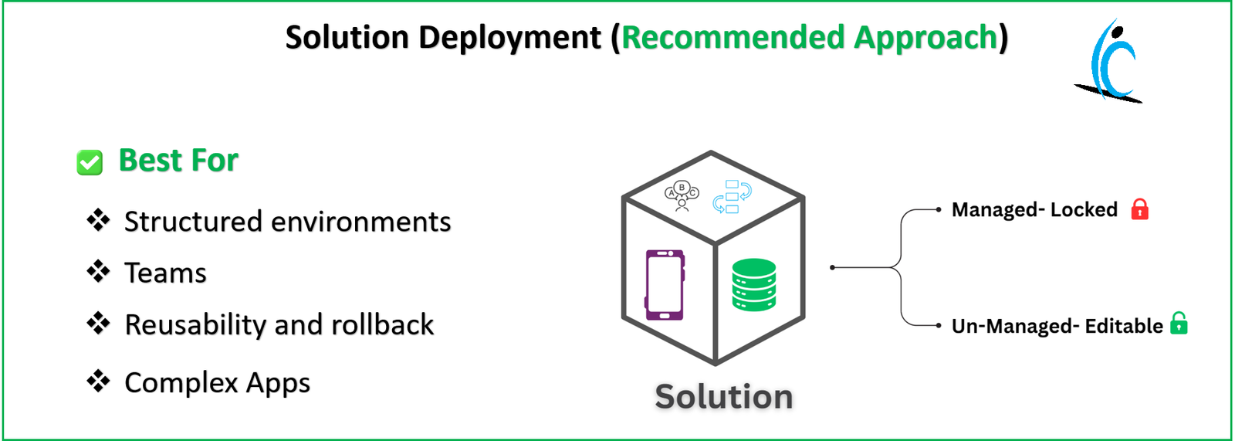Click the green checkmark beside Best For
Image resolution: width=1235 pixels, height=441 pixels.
click(x=90, y=162)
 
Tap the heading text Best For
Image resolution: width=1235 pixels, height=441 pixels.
click(x=178, y=161)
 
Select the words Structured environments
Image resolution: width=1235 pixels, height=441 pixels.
click(x=287, y=222)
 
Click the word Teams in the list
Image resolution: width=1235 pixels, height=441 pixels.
click(x=165, y=273)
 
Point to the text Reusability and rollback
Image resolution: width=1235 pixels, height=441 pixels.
click(x=279, y=325)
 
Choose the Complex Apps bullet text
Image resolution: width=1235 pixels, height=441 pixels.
click(x=217, y=383)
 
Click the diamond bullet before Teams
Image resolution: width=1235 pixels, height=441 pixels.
click(x=98, y=271)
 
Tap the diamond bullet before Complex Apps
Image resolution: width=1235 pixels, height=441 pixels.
click(x=98, y=381)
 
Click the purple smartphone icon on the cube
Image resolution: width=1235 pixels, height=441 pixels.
click(x=665, y=284)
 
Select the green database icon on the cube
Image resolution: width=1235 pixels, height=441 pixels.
click(x=753, y=284)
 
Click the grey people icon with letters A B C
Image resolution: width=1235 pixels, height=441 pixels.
click(x=682, y=195)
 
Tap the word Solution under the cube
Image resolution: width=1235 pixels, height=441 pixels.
click(x=723, y=397)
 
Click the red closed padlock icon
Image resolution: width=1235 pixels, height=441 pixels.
click(x=1139, y=209)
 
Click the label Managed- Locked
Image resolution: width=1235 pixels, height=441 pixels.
click(x=1034, y=210)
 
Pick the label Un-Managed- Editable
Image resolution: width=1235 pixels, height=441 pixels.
click(x=1057, y=326)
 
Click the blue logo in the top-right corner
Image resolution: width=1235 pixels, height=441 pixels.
click(x=1109, y=62)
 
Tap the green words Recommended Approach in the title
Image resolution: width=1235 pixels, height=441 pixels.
click(x=810, y=37)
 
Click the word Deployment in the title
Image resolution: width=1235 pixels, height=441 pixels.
click(x=509, y=38)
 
